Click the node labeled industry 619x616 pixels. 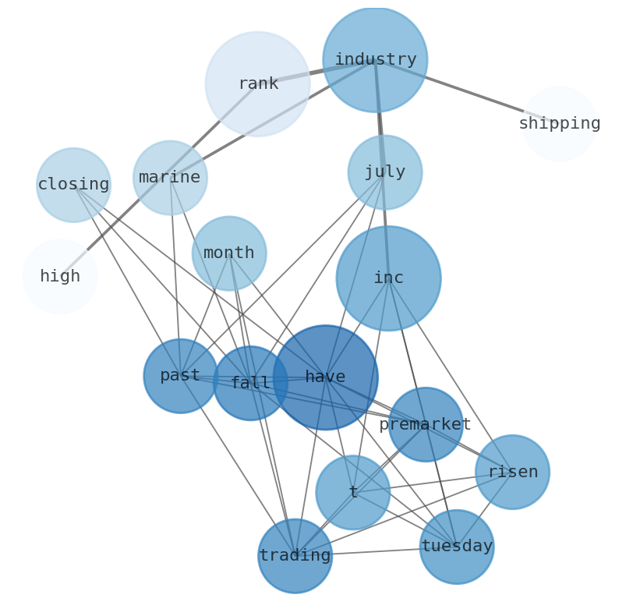(x=375, y=60)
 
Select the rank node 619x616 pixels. (x=258, y=84)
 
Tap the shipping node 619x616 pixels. (x=559, y=124)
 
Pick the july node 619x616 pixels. (x=385, y=172)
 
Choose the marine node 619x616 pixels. (x=170, y=178)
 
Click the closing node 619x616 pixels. (x=73, y=185)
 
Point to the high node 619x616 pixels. (x=60, y=277)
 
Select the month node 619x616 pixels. (x=229, y=253)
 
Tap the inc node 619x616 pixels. (x=388, y=278)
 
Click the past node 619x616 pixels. (x=180, y=376)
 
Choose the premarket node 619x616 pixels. (x=426, y=425)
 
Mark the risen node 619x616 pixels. (x=512, y=473)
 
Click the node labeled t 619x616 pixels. (x=353, y=493)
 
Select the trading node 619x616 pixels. (x=295, y=556)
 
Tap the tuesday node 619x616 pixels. (x=457, y=547)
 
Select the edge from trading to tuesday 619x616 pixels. (x=376, y=551)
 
